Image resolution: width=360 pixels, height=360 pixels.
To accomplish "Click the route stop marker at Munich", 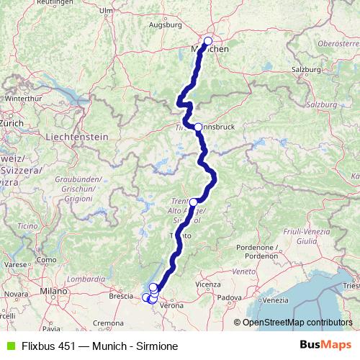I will pos(208,42).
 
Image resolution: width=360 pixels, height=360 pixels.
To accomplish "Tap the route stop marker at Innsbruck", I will pos(198,127).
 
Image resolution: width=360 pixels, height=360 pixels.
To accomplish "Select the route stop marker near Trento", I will pos(193,202).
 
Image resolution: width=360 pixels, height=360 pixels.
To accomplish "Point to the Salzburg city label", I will pos(306,69).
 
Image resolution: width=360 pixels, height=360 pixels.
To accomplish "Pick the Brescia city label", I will pos(121,295).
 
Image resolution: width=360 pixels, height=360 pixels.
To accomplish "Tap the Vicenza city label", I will pos(207,284).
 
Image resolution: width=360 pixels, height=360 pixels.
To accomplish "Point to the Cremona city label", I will pos(107,323).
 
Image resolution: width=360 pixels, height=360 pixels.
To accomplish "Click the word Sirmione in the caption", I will pos(156,346).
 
